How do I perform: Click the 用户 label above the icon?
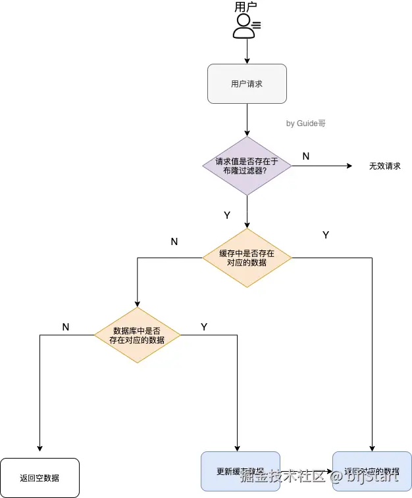(245, 7)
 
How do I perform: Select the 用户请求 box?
(247, 83)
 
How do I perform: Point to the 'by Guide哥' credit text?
(305, 124)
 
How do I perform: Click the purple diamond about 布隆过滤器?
(247, 166)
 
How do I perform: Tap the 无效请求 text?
(384, 166)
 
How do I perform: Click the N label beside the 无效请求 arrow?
(305, 156)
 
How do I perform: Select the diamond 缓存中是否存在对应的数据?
(247, 258)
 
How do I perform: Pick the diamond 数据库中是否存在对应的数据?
(137, 335)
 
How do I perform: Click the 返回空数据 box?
(39, 478)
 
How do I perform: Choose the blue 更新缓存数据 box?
(240, 472)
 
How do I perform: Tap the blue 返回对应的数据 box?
(372, 472)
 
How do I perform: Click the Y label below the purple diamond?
(227, 215)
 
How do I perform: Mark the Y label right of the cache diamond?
(326, 235)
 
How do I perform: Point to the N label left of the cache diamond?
(174, 242)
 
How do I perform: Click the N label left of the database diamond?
(66, 327)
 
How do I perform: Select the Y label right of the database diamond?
(204, 327)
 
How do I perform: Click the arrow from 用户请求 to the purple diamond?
(247, 120)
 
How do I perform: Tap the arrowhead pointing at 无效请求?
(351, 166)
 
